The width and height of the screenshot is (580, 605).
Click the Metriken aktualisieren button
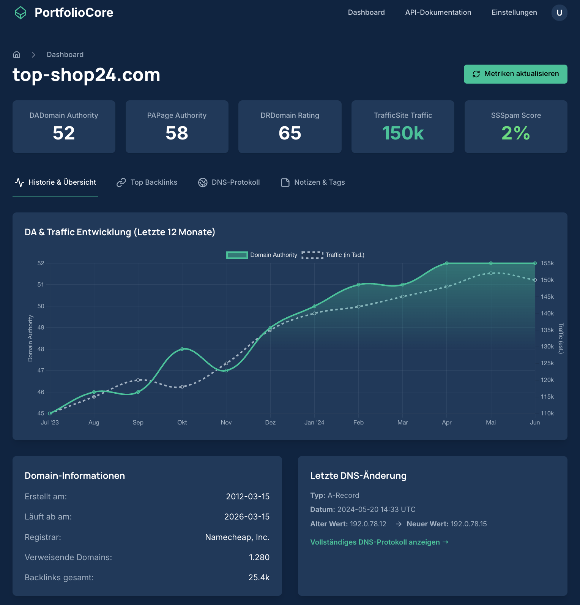point(515,74)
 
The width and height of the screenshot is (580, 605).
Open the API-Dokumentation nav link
point(438,13)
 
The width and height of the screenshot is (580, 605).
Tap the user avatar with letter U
point(559,13)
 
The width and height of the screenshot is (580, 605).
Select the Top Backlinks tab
point(147,182)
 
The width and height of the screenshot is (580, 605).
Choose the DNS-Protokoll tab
point(229,182)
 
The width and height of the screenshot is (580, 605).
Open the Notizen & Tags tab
point(313,182)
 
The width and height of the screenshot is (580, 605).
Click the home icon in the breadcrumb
point(17,55)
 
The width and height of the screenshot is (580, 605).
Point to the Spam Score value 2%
point(515,133)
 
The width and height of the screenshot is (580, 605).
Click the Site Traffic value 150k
point(403,133)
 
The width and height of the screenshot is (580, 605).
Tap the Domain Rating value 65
point(290,133)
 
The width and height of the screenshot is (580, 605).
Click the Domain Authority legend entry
point(262,255)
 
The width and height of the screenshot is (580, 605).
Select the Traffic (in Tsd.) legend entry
point(333,255)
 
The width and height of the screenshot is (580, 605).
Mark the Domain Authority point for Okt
point(182,349)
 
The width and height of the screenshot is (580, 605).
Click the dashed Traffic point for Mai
point(491,273)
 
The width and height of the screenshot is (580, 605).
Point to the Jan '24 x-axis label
point(314,423)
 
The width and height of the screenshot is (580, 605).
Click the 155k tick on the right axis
point(547,263)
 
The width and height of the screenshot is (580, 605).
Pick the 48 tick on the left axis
point(41,349)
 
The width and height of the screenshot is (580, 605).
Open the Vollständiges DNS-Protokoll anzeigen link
point(379,542)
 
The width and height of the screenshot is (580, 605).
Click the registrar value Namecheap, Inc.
point(237,537)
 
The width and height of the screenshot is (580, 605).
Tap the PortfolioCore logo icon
point(20,13)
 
